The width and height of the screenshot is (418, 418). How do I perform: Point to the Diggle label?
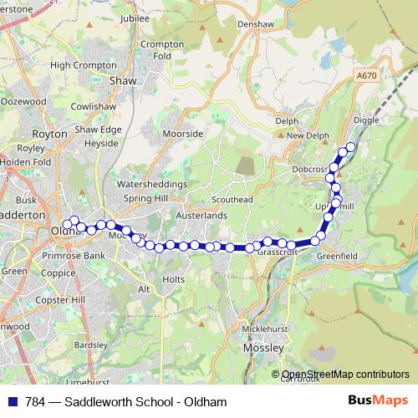pyautogui.click(x=366, y=120)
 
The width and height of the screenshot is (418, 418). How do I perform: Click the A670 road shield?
pyautogui.click(x=366, y=76)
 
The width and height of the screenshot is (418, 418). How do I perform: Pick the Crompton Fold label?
pyautogui.click(x=156, y=50)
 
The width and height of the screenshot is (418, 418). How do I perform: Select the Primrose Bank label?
pyautogui.click(x=74, y=256)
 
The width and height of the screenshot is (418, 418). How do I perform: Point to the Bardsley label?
pyautogui.click(x=91, y=344)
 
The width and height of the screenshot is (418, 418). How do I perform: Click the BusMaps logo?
pyautogui.click(x=379, y=401)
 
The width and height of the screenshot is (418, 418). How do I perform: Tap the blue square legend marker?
pyautogui.click(x=11, y=402)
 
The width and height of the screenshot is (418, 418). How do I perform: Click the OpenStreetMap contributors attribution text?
pyautogui.click(x=346, y=375)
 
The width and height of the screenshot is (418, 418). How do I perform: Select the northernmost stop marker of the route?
pyautogui.click(x=351, y=147)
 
